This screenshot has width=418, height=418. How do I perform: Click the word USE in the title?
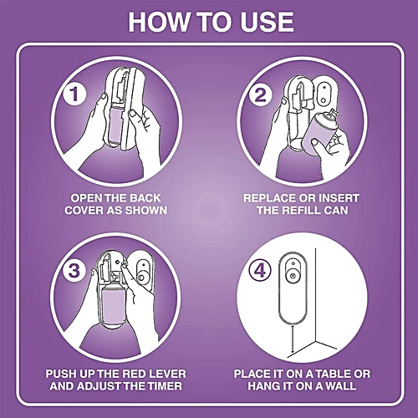267,22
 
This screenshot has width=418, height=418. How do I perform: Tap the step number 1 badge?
74,94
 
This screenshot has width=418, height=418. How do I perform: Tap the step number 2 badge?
260,94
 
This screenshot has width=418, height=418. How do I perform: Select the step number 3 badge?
74,270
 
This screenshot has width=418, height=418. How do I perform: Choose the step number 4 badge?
260,270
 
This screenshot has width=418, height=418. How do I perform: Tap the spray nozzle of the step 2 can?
334,115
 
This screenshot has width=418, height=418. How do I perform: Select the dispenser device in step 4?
293,289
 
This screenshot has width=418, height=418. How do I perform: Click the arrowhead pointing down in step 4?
293,353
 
